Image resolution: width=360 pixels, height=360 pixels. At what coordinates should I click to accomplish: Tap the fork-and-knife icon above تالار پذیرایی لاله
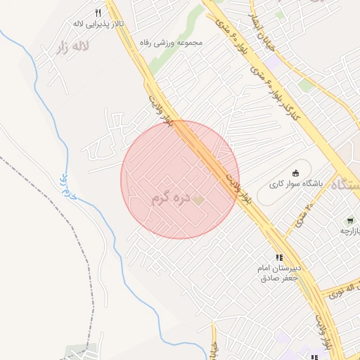coord(98,12)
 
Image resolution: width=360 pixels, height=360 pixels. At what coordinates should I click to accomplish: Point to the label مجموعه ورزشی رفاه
coord(171,43)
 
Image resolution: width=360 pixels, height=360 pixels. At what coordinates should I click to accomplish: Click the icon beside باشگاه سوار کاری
coord(295,172)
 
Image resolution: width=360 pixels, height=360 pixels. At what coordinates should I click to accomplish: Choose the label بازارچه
coord(350,231)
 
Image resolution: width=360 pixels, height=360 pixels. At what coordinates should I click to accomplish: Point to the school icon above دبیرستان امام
coord(279,258)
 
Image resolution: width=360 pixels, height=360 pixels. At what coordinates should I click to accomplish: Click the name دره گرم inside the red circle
coord(171,199)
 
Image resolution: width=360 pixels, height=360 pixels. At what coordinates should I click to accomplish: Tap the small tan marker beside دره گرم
coord(199,200)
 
